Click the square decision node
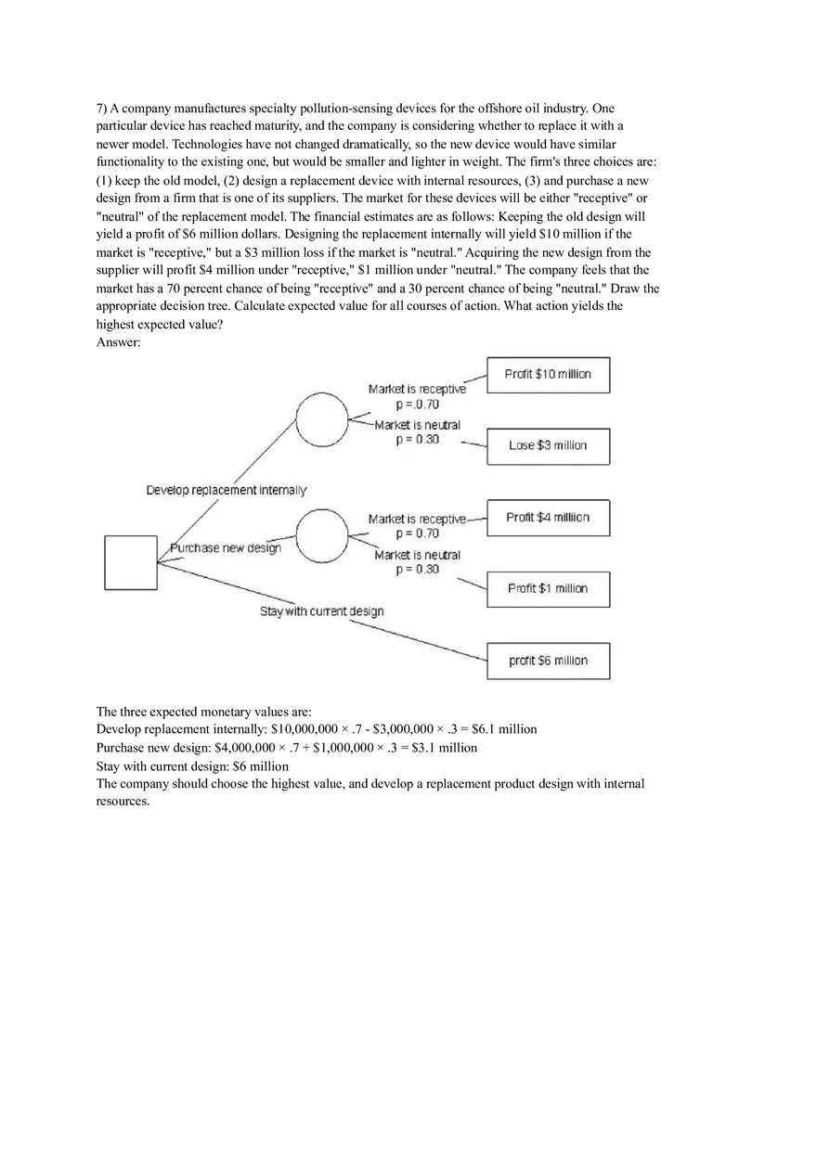131,562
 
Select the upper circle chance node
322,419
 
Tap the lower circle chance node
322,535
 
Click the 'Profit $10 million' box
548,375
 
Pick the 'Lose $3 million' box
548,446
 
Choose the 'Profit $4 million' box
548,518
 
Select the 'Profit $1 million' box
548,589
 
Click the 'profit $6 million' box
548,661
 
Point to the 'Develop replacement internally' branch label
226,490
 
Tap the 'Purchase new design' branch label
225,547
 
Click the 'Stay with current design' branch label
321,611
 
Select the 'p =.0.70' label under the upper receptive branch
417,405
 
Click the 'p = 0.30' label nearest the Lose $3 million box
417,440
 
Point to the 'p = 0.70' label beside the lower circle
417,534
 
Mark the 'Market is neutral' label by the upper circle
417,425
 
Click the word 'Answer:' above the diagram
118,342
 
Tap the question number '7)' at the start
102,109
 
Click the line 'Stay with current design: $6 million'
192,766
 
